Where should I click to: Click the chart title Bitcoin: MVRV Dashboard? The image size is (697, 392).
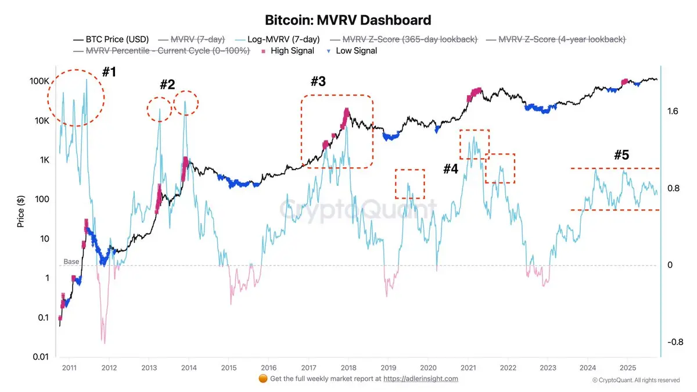(x=348, y=20)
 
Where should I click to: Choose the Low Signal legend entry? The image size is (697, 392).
(x=352, y=51)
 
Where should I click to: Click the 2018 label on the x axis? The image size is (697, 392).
(x=348, y=368)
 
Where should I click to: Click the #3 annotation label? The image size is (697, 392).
(x=318, y=82)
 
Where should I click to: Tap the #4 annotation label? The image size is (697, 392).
(x=451, y=169)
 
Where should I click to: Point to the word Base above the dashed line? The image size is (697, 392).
(x=71, y=262)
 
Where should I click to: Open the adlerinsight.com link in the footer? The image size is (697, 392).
(x=421, y=379)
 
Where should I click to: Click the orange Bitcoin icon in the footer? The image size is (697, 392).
(x=263, y=379)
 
